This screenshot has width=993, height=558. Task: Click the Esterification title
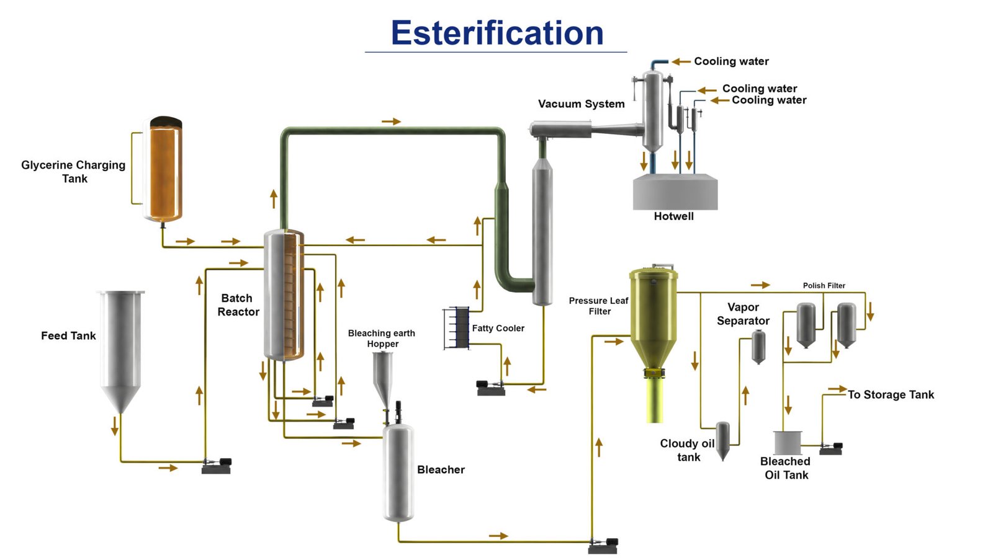point(496,33)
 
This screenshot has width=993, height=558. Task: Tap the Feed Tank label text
point(68,336)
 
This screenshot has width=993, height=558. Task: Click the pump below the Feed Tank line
point(217,465)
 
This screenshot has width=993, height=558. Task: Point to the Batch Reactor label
point(238,305)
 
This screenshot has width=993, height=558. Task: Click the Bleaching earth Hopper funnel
point(382,375)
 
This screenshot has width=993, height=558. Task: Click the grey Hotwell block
point(675,193)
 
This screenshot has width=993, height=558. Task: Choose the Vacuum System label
point(581,104)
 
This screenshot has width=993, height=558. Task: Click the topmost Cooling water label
point(731,61)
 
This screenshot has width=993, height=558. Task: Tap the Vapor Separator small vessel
point(758,347)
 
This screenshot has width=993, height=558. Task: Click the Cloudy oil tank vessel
point(722,439)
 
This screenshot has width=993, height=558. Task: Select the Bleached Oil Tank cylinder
point(788,443)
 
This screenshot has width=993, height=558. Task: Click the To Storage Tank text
point(890,395)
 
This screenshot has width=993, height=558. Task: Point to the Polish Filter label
point(824,286)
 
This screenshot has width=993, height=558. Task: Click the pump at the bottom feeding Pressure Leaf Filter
point(603,546)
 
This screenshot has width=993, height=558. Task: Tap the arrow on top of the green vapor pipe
point(391,122)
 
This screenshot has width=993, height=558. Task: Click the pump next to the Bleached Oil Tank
point(831,448)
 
